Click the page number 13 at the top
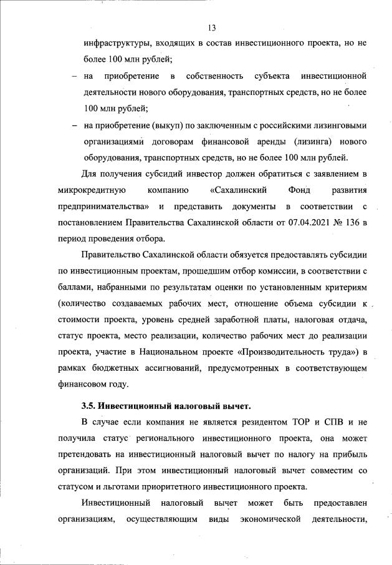213,28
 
